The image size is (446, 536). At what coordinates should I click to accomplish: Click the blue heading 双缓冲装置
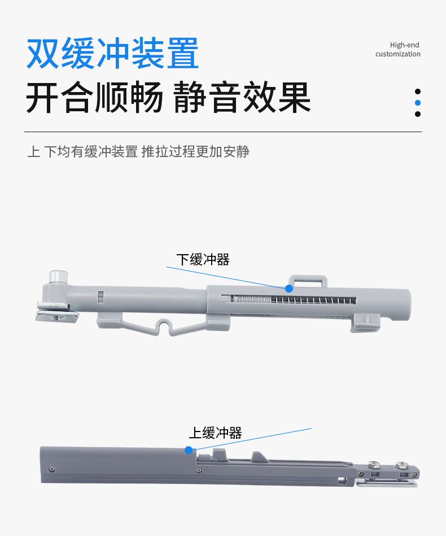pos(112,53)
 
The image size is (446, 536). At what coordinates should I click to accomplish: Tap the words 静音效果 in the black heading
pos(242,97)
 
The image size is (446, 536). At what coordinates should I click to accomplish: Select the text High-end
pos(404,45)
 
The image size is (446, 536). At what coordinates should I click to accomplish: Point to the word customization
pos(398,54)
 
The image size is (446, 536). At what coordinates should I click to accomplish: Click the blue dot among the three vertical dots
pos(418,103)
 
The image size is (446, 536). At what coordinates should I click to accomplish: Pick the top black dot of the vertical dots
pos(418,91)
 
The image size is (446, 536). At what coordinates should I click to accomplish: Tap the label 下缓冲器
pos(203,260)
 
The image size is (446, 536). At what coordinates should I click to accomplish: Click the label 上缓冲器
pos(215,433)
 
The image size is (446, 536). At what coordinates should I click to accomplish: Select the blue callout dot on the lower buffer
pos(289,289)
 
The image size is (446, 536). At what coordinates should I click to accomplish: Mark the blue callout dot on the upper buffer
pos(189,450)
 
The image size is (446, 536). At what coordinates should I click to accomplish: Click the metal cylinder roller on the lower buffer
pos(58,277)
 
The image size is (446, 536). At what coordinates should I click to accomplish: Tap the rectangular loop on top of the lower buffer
pos(308,280)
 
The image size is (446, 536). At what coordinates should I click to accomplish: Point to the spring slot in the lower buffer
pos(289,300)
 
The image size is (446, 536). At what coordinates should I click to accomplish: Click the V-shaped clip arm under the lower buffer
pos(164,327)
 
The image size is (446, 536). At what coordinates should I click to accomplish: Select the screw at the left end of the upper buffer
pos(53,469)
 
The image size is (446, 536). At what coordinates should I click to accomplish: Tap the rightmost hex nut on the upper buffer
pos(402,465)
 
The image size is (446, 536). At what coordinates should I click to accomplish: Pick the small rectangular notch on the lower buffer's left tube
pos(100,297)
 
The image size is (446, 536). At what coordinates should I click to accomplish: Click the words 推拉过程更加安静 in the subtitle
pos(195,151)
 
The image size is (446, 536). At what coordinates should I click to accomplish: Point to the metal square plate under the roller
pos(58,312)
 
